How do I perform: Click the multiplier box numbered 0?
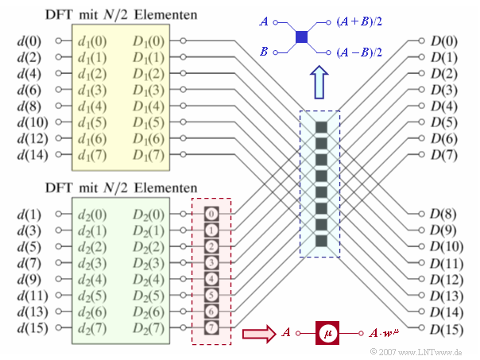tap(211, 213)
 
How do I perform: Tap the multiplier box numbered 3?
tap(211, 262)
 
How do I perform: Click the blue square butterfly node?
tap(301, 37)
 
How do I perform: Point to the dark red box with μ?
tap(327, 332)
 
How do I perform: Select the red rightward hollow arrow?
tap(257, 332)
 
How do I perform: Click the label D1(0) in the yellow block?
tap(150, 41)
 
